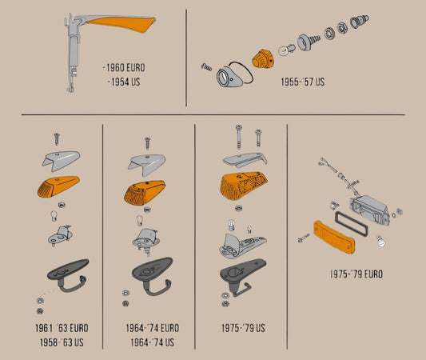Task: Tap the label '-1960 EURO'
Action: pyautogui.click(x=124, y=68)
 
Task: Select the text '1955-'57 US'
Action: pyautogui.click(x=303, y=82)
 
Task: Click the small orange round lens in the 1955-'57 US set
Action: pyautogui.click(x=263, y=58)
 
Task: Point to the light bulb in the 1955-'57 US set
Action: pyautogui.click(x=286, y=50)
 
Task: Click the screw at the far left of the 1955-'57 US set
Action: pyautogui.click(x=206, y=66)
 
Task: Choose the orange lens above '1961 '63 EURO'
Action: pyautogui.click(x=58, y=186)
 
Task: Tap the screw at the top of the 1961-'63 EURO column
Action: pyautogui.click(x=57, y=138)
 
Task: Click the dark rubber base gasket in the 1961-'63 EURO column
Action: pyautogui.click(x=68, y=274)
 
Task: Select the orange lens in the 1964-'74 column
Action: pyautogui.click(x=145, y=192)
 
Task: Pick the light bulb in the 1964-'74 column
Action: pyautogui.click(x=140, y=220)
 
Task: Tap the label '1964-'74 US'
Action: pyautogui.click(x=152, y=342)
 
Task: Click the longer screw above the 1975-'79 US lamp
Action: pyautogui.click(x=239, y=137)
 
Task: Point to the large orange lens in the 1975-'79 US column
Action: pyautogui.click(x=244, y=186)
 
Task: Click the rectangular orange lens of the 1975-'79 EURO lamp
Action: pyautogui.click(x=334, y=237)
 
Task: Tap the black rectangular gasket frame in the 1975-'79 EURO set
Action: pyautogui.click(x=352, y=223)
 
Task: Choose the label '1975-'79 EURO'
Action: pyautogui.click(x=356, y=274)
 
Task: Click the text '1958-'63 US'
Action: pyautogui.click(x=62, y=342)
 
